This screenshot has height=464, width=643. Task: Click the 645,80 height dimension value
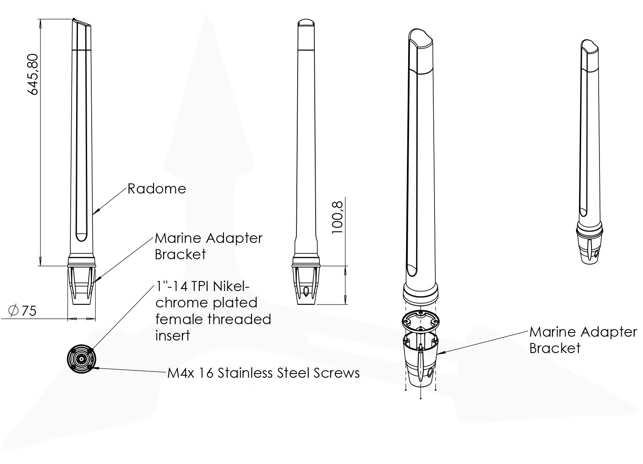coord(32,74)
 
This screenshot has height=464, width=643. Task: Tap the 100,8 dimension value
coord(337,217)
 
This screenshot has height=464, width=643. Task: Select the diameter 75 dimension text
coord(23,311)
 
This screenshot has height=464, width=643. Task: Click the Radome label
coord(157,189)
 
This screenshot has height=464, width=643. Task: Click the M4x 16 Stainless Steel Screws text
coord(263,373)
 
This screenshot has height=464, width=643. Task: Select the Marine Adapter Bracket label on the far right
coord(583,340)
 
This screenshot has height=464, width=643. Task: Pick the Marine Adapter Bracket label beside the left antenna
coord(208,246)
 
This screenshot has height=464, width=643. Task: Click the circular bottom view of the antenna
coord(82,359)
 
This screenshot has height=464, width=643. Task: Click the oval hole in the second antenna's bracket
coord(306,291)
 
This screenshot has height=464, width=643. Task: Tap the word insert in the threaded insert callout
coord(172,335)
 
